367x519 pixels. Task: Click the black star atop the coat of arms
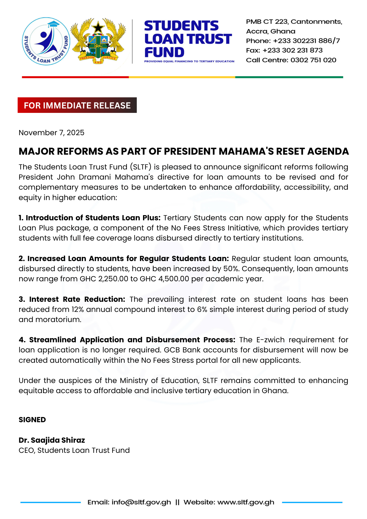(x=98, y=27)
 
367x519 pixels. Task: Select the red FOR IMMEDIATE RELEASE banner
(x=77, y=105)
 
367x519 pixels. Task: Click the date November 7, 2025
(x=51, y=133)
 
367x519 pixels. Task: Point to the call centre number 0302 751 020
(x=313, y=60)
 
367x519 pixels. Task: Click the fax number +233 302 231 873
(x=293, y=50)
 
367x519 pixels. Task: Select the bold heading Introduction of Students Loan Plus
(x=90, y=218)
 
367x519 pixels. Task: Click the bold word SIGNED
(x=32, y=420)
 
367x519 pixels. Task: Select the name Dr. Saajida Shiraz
(x=52, y=440)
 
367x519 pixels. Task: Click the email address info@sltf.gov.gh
(x=141, y=502)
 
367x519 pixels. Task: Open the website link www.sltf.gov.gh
(x=246, y=502)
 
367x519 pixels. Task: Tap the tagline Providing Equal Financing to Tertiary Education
(x=189, y=62)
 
